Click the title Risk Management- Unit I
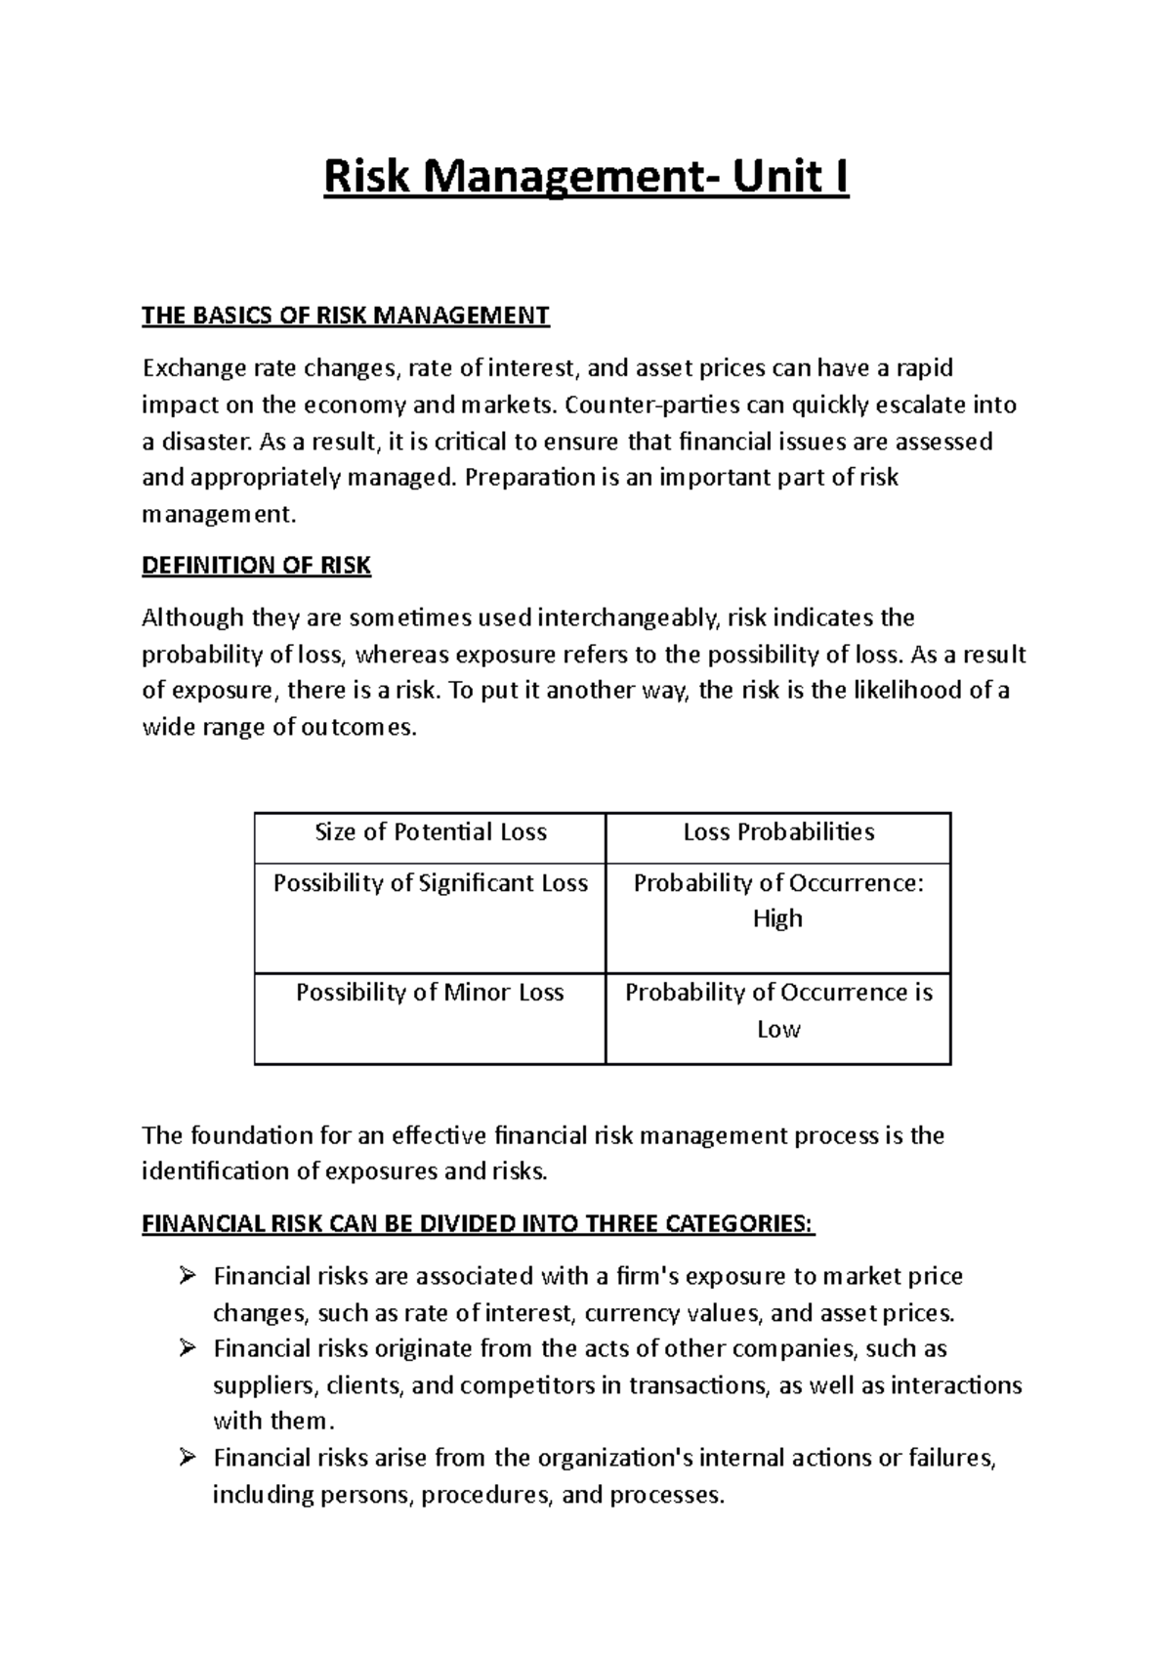point(586,179)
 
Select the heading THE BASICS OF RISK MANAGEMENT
point(346,316)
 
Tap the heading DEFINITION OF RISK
point(256,566)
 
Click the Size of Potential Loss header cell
point(430,832)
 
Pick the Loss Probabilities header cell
point(778,832)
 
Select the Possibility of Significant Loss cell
point(430,883)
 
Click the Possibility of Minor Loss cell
point(430,993)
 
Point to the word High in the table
point(777,919)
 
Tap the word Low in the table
point(778,1030)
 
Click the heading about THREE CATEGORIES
point(478,1224)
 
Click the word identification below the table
point(213,1171)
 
